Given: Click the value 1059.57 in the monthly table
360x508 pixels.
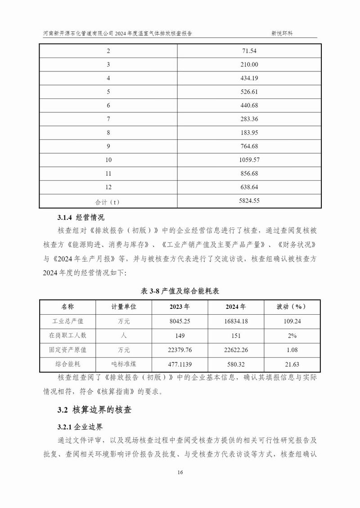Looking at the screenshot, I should click(250, 160).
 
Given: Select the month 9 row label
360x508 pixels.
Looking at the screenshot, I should click(108, 146).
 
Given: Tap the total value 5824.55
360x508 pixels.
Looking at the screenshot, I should click(250, 201).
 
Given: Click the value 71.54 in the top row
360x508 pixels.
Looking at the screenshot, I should click(250, 51).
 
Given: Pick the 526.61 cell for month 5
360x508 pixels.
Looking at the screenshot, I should click(250, 92).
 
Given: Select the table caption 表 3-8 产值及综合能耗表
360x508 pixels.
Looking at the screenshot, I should click(180, 291).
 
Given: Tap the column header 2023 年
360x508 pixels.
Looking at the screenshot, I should click(180, 307).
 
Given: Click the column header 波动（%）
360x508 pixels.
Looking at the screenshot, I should click(291, 307).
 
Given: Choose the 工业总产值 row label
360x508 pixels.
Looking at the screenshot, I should click(68, 321).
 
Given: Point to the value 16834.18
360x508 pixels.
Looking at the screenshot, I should click(235, 321).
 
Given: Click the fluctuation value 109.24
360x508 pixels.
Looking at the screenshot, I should click(291, 321).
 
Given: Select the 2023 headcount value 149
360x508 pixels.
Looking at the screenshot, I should click(180, 335).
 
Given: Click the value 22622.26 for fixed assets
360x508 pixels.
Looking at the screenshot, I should click(235, 350).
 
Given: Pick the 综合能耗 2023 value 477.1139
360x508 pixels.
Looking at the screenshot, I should click(180, 364).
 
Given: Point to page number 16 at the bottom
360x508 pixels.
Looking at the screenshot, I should click(180, 472).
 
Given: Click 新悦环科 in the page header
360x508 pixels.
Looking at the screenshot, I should click(282, 33).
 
